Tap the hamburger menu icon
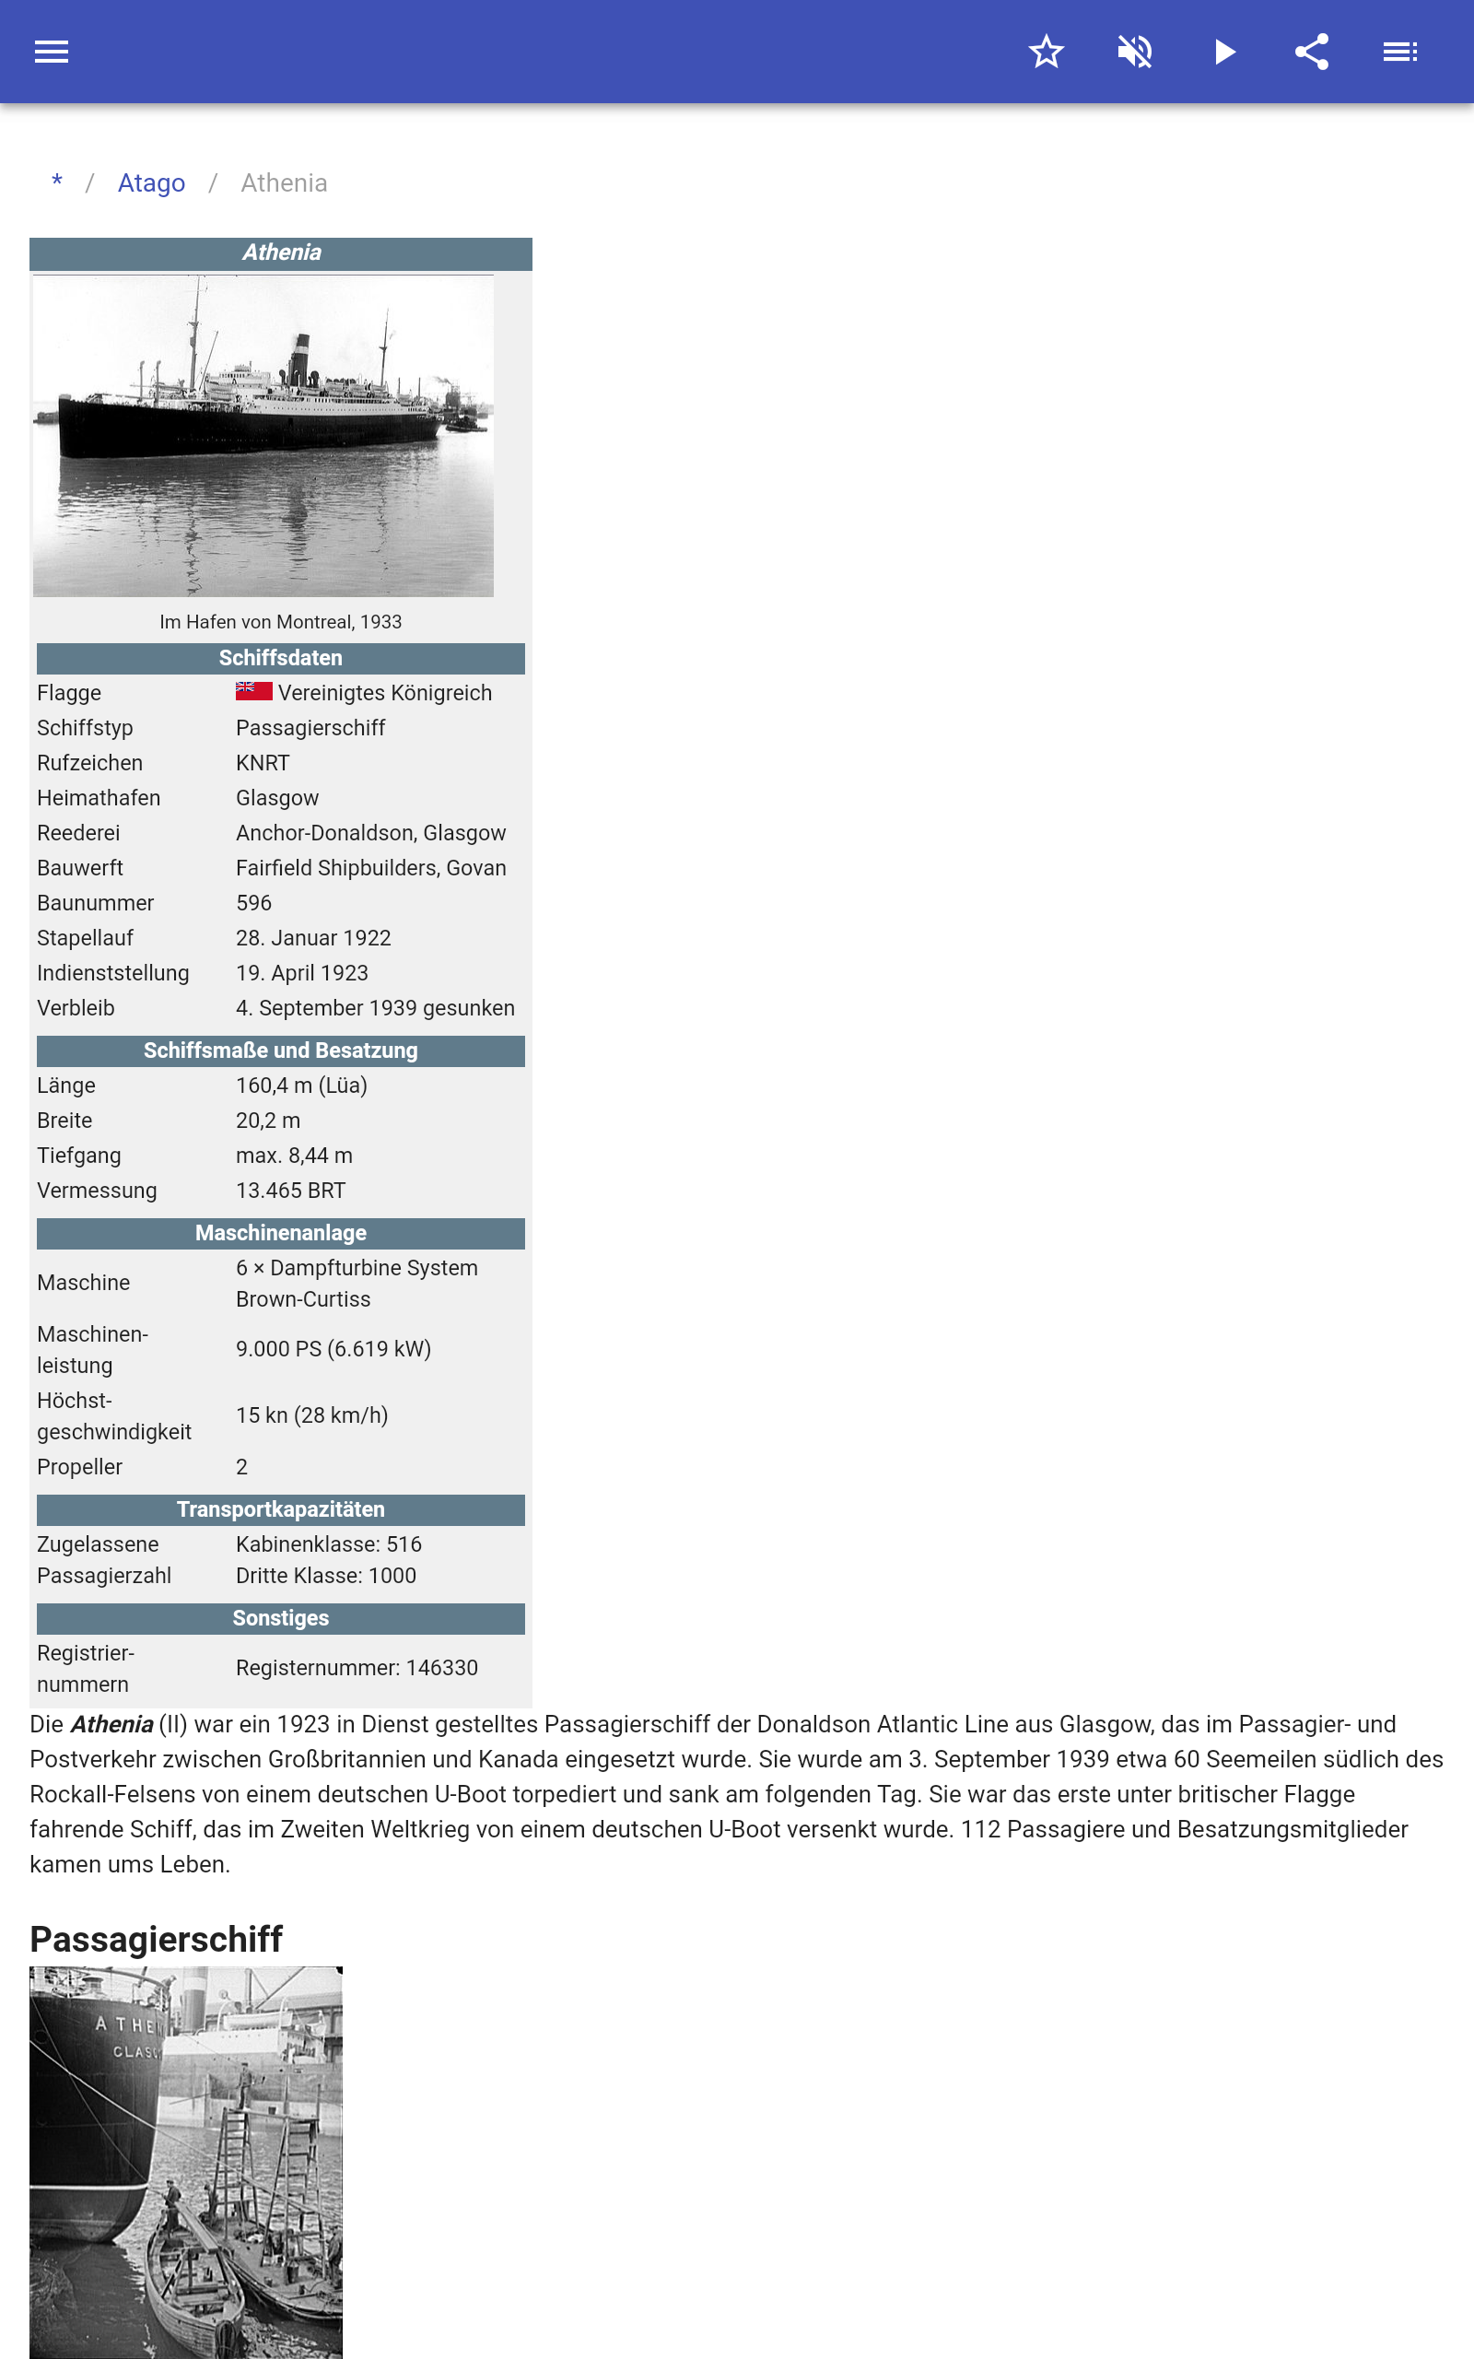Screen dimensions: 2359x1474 click(52, 52)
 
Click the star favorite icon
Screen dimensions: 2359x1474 click(1046, 52)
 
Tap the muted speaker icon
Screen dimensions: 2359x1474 click(1135, 52)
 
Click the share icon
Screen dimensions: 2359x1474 click(1311, 52)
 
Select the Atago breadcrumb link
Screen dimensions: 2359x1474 click(151, 183)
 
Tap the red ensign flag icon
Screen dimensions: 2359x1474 click(253, 691)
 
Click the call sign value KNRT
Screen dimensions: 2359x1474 click(263, 763)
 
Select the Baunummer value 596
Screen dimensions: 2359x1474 click(253, 903)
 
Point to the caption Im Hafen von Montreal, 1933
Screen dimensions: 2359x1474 click(280, 622)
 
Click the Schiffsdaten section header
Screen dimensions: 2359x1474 click(280, 658)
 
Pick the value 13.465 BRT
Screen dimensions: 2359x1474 click(290, 1191)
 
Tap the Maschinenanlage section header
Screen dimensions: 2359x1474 click(280, 1233)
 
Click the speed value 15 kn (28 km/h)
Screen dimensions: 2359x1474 click(312, 1415)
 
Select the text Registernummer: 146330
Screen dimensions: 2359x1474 click(357, 1668)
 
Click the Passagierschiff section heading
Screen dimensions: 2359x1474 click(156, 1939)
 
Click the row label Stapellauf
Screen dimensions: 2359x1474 click(85, 938)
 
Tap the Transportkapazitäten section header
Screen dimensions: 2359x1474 click(280, 1509)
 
